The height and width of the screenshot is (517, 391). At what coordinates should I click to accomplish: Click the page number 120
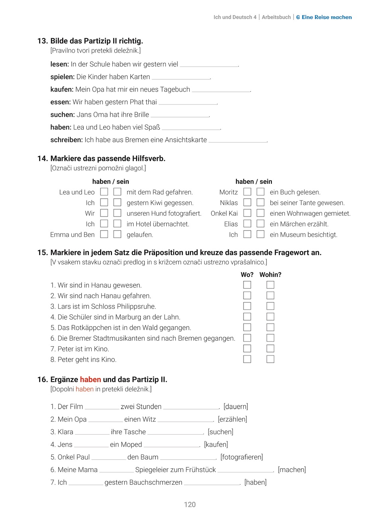click(190, 505)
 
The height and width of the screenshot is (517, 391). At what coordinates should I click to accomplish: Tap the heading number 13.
click(43, 41)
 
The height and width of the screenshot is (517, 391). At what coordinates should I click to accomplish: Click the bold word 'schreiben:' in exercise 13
click(67, 140)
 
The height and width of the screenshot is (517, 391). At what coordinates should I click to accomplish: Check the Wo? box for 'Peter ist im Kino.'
click(247, 349)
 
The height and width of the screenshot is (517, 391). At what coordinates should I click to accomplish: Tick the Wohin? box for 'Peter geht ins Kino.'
click(270, 359)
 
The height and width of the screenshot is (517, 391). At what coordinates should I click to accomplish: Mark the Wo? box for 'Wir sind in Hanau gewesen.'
click(247, 285)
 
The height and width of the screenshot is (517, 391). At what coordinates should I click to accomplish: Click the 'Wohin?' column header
click(270, 275)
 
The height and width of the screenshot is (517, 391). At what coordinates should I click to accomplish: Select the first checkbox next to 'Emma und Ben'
click(104, 234)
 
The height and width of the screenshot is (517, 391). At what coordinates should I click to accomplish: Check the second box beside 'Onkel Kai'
click(261, 213)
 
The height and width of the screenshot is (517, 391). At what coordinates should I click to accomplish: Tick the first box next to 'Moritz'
click(248, 192)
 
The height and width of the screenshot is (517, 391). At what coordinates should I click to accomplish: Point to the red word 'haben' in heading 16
click(90, 380)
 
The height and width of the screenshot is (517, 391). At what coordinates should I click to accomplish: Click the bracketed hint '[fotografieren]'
click(242, 457)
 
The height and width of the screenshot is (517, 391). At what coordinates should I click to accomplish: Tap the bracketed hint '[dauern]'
click(236, 407)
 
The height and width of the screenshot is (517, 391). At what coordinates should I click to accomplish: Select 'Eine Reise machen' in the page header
click(327, 17)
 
